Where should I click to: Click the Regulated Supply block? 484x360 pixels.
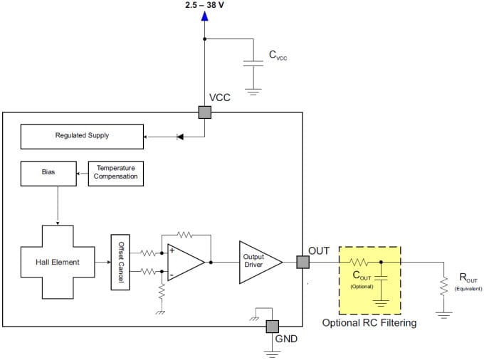82,135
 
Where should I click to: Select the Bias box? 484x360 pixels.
48,173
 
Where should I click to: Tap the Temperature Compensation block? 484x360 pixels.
115,173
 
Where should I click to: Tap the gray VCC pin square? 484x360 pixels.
205,112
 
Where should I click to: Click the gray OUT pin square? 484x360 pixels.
302,262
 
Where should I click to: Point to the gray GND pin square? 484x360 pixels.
273,326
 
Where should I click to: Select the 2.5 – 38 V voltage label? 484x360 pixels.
205,6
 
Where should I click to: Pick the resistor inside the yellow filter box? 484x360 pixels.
359,262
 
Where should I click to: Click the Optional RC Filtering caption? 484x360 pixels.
369,322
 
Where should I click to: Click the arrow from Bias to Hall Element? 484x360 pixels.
57,206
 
